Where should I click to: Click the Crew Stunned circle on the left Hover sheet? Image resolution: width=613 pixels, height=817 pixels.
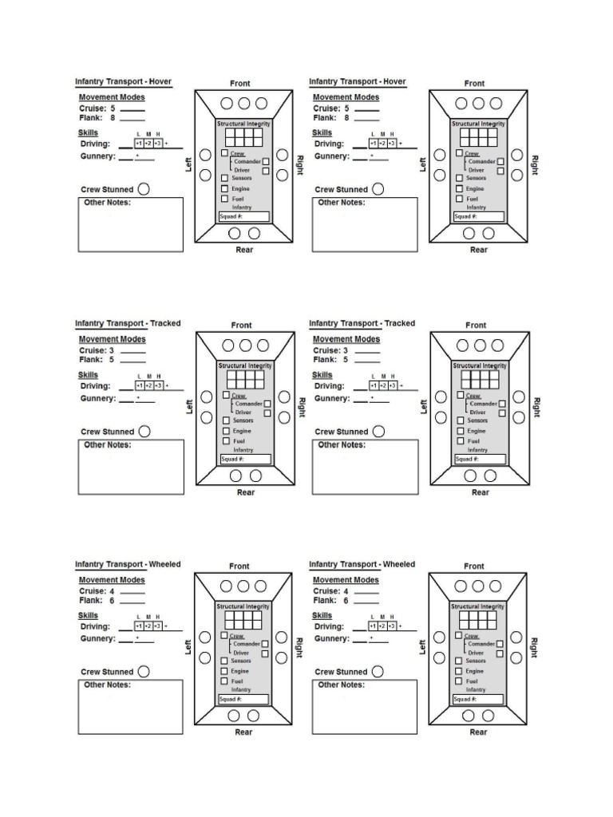144,190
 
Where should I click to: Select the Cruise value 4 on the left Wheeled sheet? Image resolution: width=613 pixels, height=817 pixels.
113,591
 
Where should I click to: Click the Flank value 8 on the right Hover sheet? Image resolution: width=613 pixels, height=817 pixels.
346,117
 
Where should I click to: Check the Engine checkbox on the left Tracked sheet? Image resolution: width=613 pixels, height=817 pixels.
226,431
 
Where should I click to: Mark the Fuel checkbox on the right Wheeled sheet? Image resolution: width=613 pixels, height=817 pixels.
458,681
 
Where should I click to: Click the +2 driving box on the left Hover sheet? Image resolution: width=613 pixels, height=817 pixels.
148,144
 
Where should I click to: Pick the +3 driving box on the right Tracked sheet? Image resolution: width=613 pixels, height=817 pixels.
392,385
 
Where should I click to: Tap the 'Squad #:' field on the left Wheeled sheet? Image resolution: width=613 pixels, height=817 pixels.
243,700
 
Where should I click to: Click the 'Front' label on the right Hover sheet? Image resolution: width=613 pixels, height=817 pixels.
474,83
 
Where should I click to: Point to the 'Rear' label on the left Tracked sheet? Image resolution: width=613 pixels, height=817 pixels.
245,492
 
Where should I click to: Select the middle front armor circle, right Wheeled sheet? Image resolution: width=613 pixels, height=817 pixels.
477,586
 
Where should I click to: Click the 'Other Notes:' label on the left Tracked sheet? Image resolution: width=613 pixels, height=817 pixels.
108,445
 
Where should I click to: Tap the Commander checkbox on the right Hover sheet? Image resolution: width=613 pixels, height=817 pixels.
500,161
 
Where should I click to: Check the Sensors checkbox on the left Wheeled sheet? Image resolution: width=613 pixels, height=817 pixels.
224,661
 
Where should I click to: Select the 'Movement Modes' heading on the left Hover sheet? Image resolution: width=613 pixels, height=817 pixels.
112,97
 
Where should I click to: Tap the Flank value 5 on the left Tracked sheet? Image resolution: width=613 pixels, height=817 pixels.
112,359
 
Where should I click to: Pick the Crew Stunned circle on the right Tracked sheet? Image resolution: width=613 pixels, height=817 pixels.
378,432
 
